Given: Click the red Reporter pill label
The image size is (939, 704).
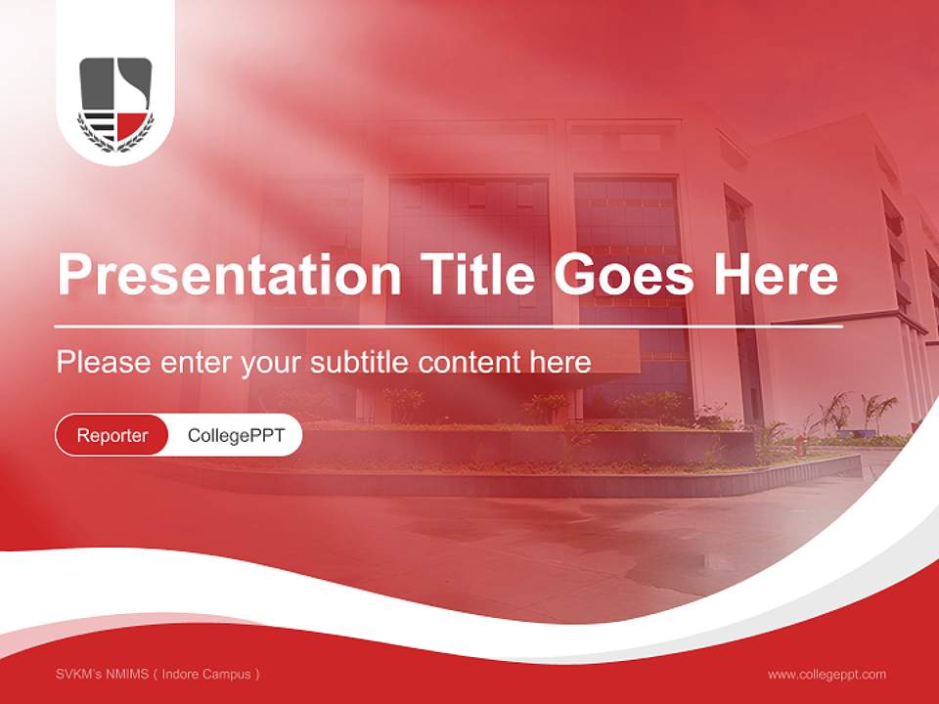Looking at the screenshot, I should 112,435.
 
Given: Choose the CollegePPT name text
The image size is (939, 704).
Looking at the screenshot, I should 236,435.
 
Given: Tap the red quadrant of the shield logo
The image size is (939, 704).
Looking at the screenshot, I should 133,125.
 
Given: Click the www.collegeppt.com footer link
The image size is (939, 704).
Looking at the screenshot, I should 827,675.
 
